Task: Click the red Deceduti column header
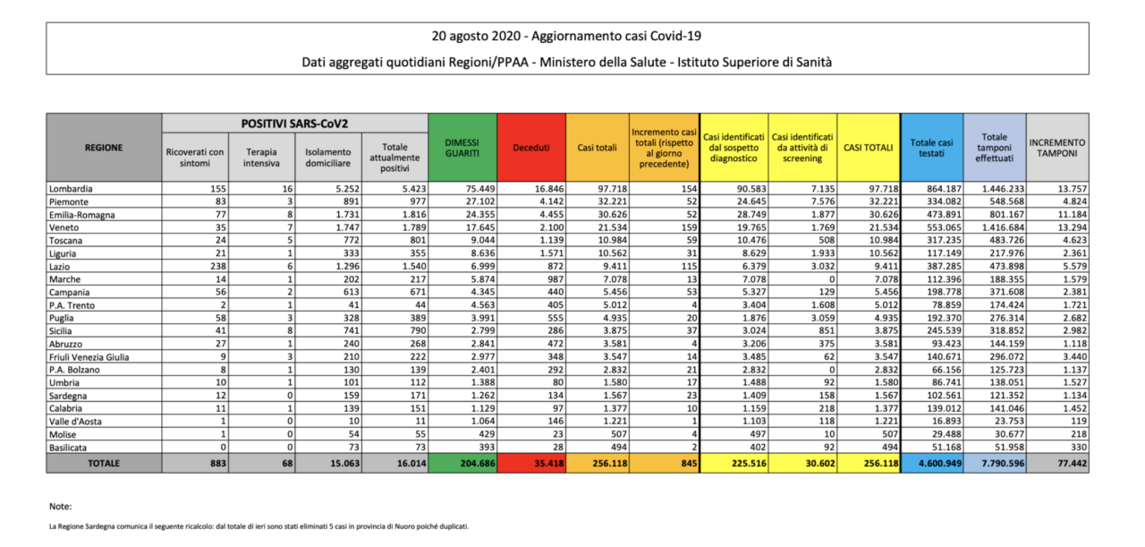click(531, 148)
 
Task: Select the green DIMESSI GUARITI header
click(462, 148)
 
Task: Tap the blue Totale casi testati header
click(931, 148)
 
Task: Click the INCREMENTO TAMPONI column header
click(1057, 148)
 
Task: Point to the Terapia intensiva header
click(261, 158)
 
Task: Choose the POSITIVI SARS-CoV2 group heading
click(294, 124)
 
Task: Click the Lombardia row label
click(71, 189)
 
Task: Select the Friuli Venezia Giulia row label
click(89, 357)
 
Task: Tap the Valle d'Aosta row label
click(75, 422)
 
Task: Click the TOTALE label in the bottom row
click(104, 463)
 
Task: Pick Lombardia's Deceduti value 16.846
click(549, 189)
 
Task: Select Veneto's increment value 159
click(689, 227)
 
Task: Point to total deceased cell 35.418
click(548, 464)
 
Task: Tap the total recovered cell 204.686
click(478, 464)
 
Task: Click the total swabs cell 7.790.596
click(1003, 464)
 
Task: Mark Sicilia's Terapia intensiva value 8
click(290, 330)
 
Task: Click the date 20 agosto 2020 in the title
click(476, 37)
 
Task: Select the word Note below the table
click(60, 507)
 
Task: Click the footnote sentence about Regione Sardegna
click(259, 526)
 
